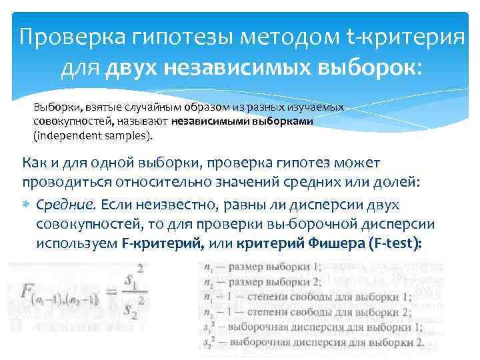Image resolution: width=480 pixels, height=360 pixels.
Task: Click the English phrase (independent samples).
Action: pos(93,135)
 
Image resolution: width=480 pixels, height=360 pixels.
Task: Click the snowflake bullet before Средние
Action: pos(27,204)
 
